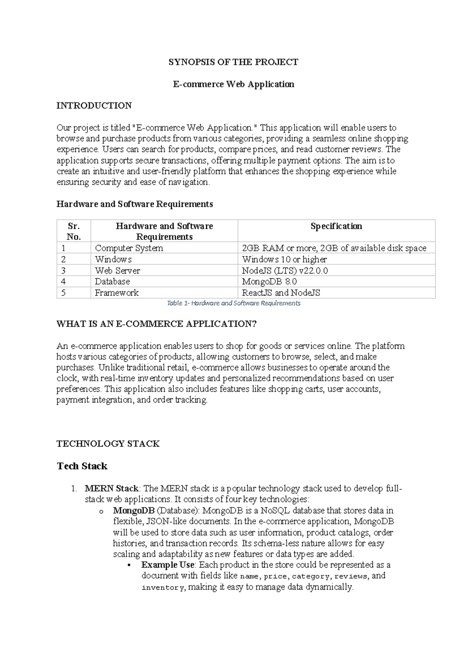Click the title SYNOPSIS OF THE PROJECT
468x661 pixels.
coord(233,62)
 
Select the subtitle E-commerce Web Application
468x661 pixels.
coord(233,84)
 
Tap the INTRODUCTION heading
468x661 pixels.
coord(94,106)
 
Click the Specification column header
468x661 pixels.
coord(336,226)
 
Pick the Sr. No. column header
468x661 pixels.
coord(74,232)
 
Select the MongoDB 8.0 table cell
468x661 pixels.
coord(269,281)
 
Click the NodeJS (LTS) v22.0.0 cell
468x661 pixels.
coord(285,270)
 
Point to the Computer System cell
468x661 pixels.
coord(129,248)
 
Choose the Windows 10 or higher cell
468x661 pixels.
coord(284,260)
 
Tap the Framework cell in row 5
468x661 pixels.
coord(117,293)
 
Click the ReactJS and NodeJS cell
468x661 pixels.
coord(281,293)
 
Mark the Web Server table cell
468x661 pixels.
coord(117,270)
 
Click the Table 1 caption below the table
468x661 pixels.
coord(234,303)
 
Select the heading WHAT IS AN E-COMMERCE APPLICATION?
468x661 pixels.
coord(157,324)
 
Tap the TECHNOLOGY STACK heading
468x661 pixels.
coord(108,444)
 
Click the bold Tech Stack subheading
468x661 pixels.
coord(82,466)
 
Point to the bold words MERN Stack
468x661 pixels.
coord(112,489)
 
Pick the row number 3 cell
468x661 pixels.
coord(64,270)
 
